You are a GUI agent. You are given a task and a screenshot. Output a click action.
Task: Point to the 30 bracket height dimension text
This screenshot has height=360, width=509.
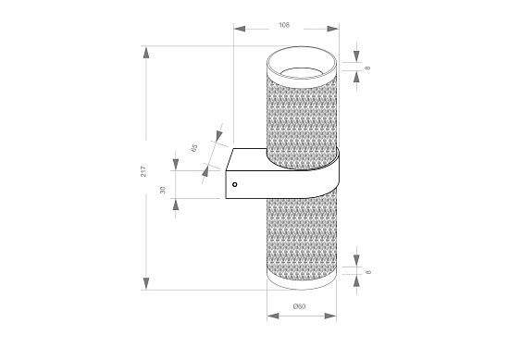coord(162,190)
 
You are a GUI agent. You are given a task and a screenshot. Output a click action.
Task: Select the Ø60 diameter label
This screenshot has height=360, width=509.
coord(299,306)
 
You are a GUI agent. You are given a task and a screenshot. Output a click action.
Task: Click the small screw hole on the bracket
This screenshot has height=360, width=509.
coord(234,185)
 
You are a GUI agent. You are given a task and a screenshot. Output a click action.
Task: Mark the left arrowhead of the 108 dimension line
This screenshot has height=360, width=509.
coord(238,29)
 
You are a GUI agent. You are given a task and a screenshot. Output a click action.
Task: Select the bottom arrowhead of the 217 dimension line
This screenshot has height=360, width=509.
coord(146,284)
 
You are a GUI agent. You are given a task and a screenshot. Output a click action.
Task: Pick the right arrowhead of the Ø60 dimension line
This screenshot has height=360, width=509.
coord(331,316)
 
